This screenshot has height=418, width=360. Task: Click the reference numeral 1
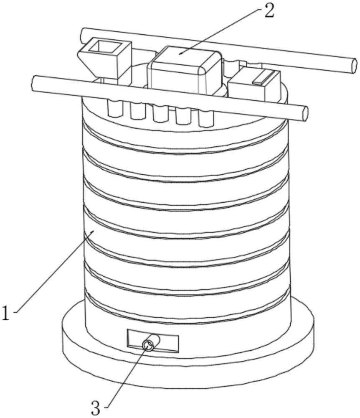point(6,313)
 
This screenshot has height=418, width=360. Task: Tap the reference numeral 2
point(269,11)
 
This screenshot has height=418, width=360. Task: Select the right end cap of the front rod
point(305,113)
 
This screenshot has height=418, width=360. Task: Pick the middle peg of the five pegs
point(160,113)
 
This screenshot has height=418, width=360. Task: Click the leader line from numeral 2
point(221,31)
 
